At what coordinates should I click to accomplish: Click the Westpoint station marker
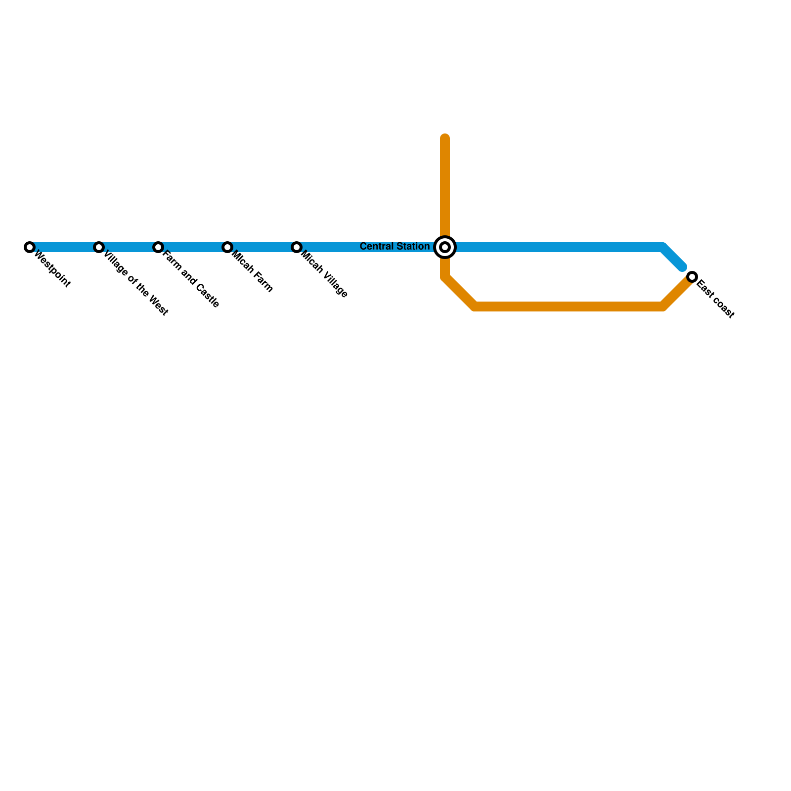30,247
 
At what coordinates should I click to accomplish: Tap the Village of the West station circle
99,247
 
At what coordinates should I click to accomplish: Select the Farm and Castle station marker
158,247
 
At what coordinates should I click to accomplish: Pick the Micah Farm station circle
227,247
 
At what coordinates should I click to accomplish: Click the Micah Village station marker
297,247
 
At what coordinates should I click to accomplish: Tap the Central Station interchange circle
445,247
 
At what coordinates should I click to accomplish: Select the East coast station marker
692,277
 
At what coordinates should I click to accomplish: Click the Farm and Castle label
191,280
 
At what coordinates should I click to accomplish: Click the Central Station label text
395,246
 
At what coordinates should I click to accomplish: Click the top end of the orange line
445,138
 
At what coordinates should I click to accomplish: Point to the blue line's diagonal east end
682,267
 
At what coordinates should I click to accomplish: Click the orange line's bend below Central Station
445,277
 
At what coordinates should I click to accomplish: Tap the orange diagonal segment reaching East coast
677,292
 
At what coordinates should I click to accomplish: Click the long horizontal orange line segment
569,307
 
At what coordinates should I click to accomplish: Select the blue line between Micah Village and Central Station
366,247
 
